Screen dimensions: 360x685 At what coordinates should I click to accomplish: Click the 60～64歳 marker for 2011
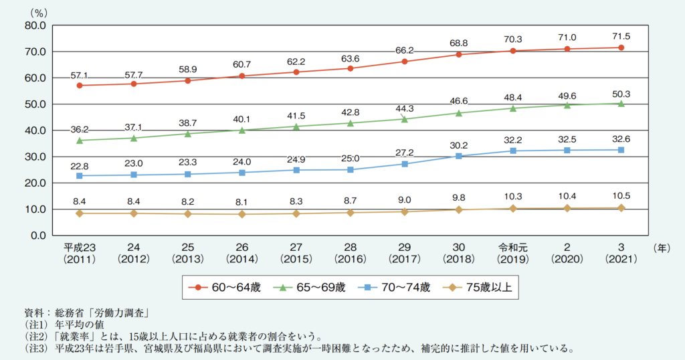(x=80, y=86)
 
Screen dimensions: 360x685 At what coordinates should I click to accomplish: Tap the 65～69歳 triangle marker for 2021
(x=621, y=104)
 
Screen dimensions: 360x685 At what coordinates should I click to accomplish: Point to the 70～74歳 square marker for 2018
(x=459, y=156)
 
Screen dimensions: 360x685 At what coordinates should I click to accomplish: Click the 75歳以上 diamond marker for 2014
(x=242, y=214)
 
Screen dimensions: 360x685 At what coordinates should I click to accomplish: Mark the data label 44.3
(x=405, y=108)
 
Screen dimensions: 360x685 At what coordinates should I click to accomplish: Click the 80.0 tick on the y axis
(x=33, y=25)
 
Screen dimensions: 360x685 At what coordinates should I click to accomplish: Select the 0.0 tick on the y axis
(x=35, y=236)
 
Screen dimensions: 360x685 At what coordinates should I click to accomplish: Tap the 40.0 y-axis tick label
(x=33, y=130)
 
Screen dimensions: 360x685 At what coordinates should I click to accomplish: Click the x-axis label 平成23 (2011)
(x=80, y=252)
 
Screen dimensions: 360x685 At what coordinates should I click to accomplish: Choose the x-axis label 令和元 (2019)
(x=513, y=252)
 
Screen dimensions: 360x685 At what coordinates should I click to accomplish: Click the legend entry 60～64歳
(x=227, y=288)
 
